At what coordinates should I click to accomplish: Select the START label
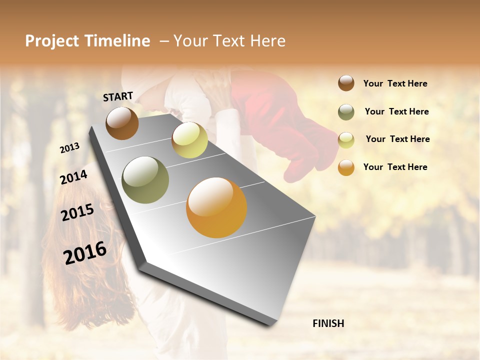(118, 96)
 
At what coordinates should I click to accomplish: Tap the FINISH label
(328, 323)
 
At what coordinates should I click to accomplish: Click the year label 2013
(70, 148)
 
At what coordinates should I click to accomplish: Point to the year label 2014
(74, 177)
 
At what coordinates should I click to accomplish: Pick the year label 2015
(77, 212)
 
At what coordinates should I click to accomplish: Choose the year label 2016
(85, 252)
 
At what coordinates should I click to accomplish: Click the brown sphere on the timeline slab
(122, 123)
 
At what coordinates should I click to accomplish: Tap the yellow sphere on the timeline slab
(189, 140)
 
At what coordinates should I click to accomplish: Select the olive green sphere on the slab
(145, 180)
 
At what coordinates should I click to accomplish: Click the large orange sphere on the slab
(216, 207)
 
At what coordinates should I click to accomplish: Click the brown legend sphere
(346, 83)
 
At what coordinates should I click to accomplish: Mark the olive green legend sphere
(346, 111)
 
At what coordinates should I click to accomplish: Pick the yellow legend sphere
(346, 139)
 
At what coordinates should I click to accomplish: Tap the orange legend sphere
(346, 167)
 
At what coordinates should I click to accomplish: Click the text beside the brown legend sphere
(395, 83)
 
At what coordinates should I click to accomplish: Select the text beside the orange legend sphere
(395, 167)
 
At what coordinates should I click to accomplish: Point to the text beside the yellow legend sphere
(397, 139)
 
